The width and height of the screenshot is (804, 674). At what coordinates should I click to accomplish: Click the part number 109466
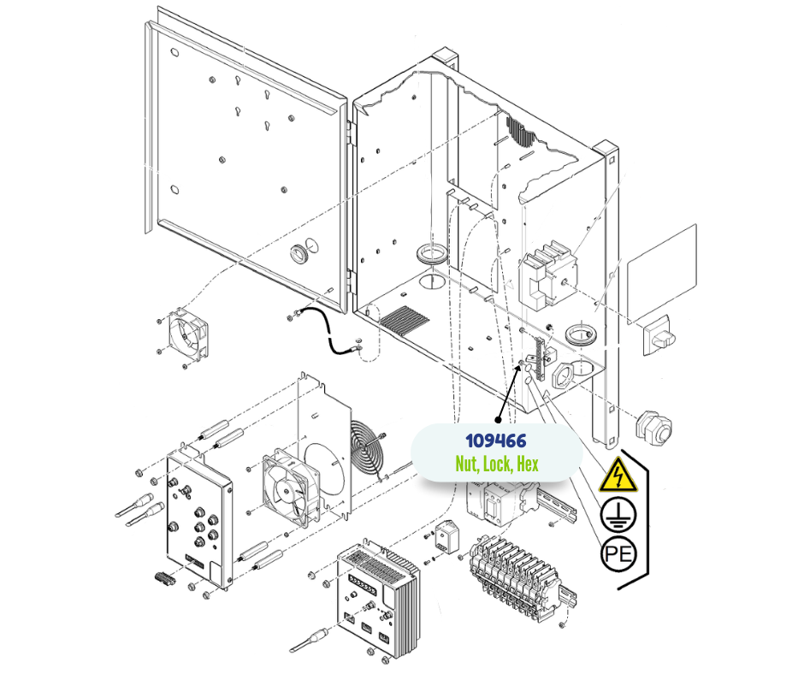pos(495,441)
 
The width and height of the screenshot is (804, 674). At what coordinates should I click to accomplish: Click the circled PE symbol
pos(618,555)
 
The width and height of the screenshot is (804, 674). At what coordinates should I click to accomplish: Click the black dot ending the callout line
pos(498,419)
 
